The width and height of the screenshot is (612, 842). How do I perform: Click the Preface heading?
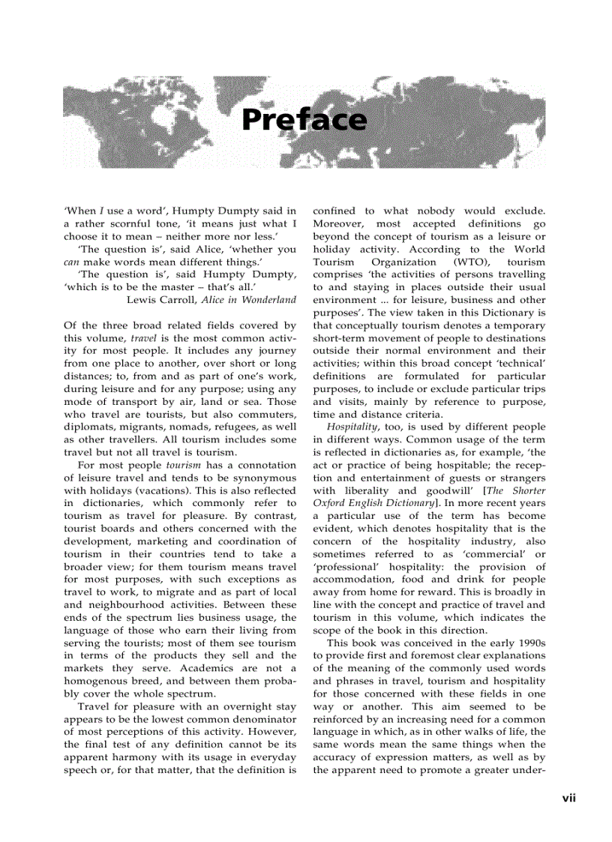pos(304,120)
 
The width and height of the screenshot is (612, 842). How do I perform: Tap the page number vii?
pos(568,798)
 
